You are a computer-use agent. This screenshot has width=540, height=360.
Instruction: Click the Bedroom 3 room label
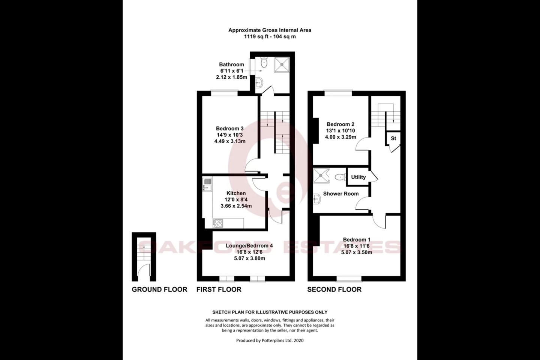[x=231, y=129]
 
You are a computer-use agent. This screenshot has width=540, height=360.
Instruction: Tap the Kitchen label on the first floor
[x=236, y=193]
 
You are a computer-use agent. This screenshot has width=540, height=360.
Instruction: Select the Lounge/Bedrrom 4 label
[x=249, y=246]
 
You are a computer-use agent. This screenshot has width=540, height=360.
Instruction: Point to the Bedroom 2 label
[x=340, y=124]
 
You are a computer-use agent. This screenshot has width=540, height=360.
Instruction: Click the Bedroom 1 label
[x=357, y=240]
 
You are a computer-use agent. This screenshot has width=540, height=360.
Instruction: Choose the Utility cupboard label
[x=358, y=177]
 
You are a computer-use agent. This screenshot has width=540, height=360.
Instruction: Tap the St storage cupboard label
[x=393, y=138]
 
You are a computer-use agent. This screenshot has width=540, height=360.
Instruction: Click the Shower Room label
[x=341, y=193]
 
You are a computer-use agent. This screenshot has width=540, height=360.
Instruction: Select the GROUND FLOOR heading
[x=159, y=289]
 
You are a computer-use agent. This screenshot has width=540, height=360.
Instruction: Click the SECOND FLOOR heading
[x=334, y=289]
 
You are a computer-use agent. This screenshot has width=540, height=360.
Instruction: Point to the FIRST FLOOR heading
[x=219, y=289]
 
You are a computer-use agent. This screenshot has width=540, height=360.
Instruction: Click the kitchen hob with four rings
[x=218, y=223]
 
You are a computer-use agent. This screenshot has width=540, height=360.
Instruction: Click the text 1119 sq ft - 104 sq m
[x=270, y=37]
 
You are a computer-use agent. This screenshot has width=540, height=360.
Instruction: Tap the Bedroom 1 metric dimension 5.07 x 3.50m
[x=357, y=252]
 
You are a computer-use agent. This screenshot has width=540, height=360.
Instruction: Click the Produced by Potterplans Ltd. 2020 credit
[x=270, y=340]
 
